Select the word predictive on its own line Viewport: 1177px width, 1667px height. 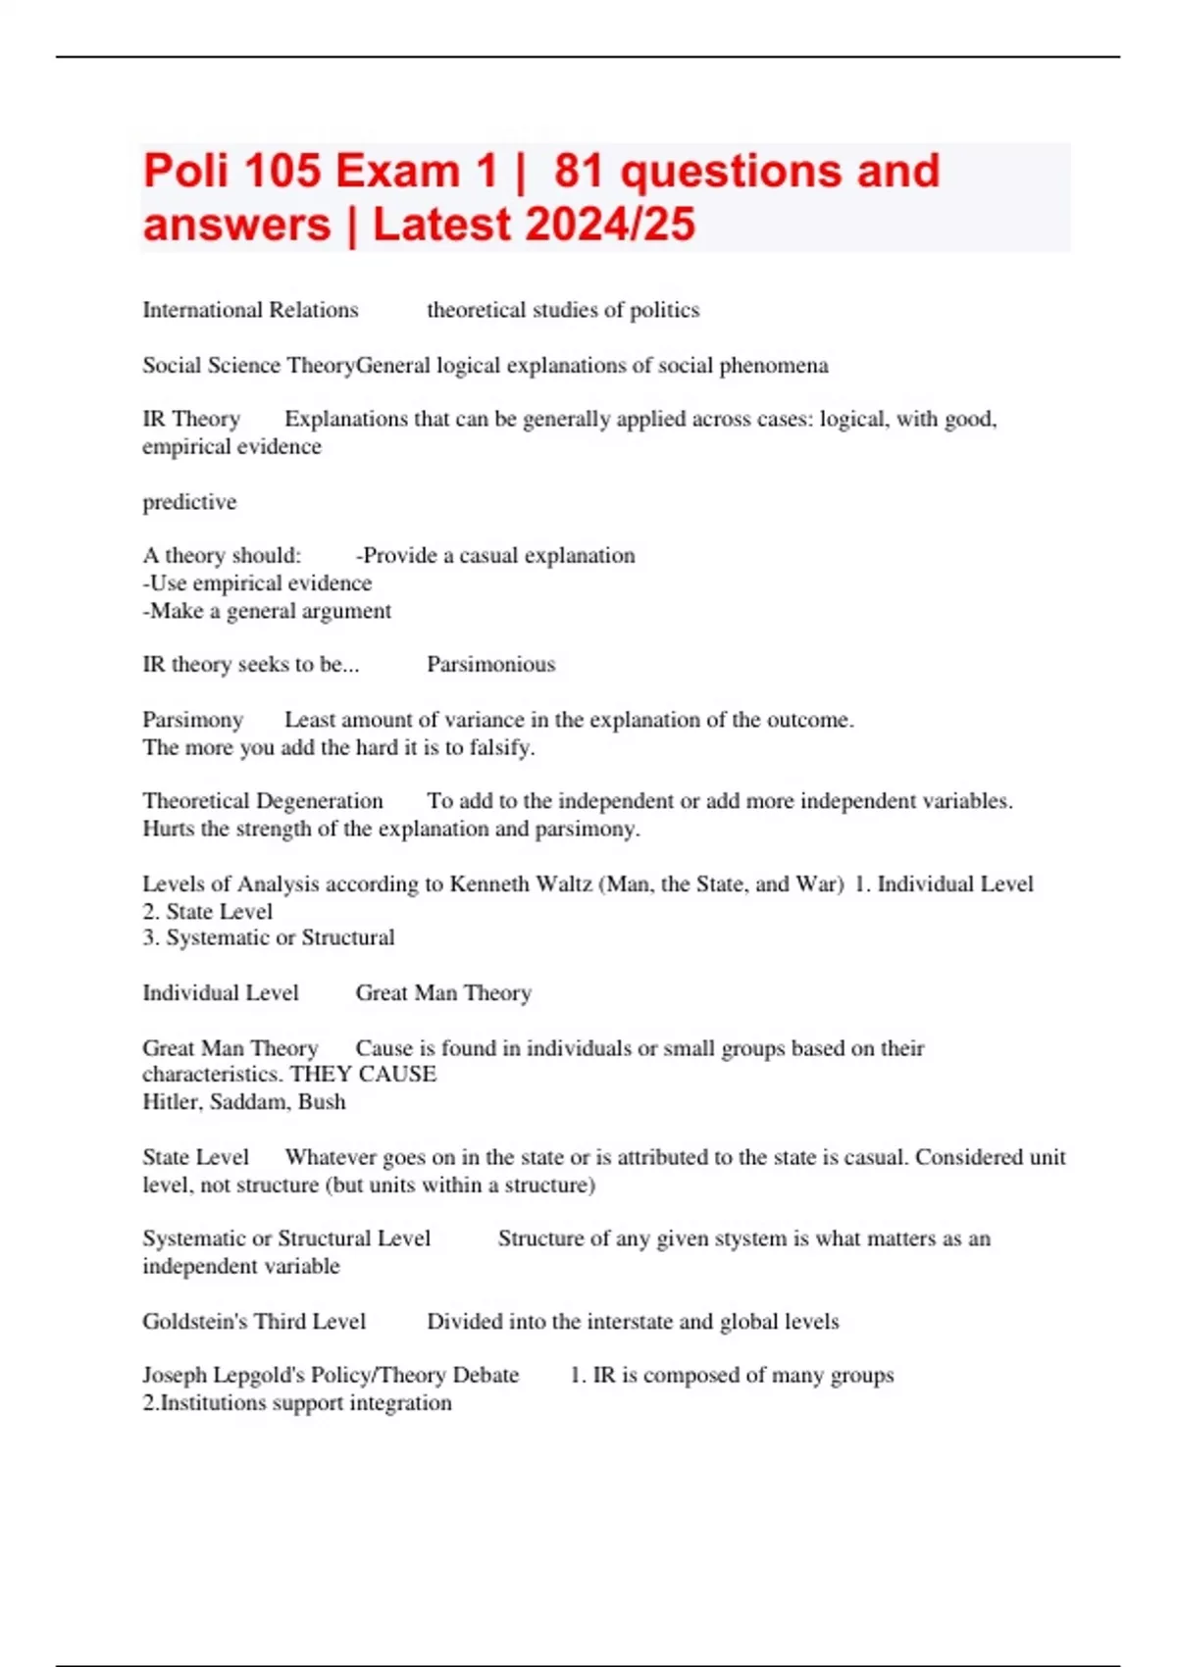pos(189,502)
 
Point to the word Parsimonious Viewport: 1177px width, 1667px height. pos(490,665)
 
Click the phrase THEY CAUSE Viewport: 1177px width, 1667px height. pos(363,1075)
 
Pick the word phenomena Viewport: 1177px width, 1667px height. pos(774,366)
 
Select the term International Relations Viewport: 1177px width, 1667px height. pos(250,311)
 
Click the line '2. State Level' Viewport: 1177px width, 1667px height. pos(207,912)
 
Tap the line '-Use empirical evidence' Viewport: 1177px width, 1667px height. pos(257,583)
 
